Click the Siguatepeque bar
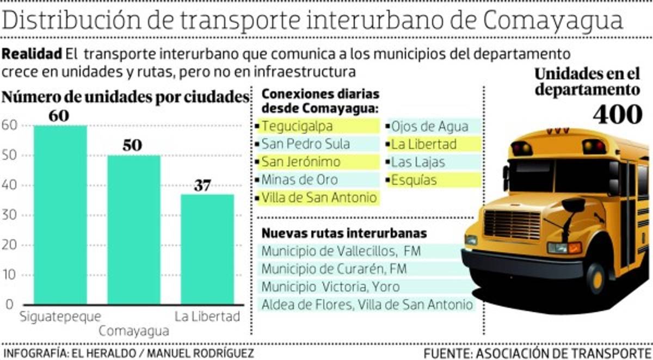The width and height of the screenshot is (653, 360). click(x=60, y=214)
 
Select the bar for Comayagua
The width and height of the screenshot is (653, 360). click(x=134, y=229)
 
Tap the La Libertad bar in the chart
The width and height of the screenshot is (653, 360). click(x=207, y=249)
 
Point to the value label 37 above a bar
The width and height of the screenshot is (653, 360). click(x=202, y=185)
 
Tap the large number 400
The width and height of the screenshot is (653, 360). click(x=618, y=114)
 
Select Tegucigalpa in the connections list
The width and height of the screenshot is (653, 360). click(x=305, y=126)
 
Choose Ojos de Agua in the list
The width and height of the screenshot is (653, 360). click(x=429, y=126)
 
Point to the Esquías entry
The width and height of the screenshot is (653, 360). click(x=414, y=179)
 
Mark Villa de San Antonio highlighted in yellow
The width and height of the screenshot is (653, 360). click(x=319, y=197)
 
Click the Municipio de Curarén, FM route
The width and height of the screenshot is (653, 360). click(x=334, y=269)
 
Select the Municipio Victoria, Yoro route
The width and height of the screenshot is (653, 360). click(x=330, y=287)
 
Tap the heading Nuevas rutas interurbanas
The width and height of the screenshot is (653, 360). click(x=344, y=233)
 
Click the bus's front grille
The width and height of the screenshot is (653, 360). click(x=512, y=225)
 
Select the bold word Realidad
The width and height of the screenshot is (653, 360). click(x=32, y=54)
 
